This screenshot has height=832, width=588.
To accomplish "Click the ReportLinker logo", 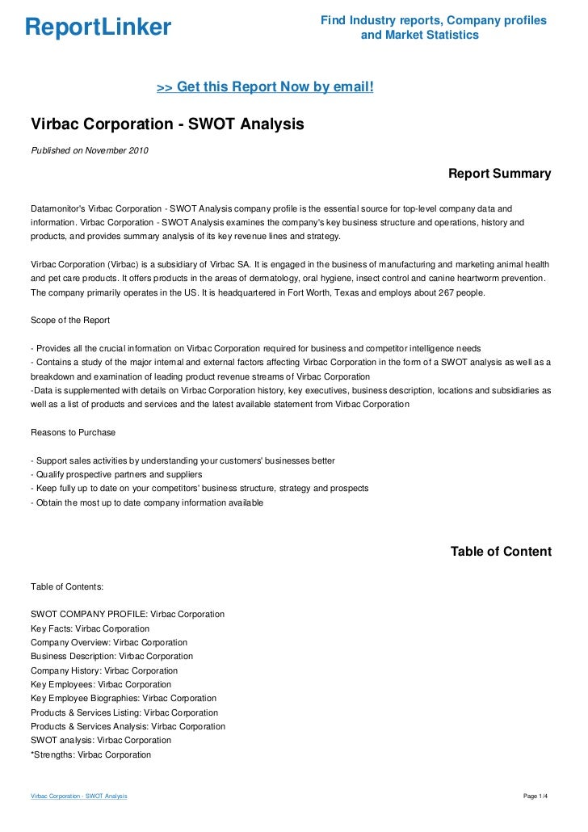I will coord(98,27).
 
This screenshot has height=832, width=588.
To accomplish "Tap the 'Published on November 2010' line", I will coord(89,150).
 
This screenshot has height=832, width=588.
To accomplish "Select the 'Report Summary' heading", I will coord(499,174).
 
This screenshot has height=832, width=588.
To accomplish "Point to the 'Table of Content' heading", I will coord(501,552).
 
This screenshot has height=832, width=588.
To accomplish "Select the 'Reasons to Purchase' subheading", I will coord(73,432).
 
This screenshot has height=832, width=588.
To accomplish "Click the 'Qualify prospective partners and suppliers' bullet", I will coord(115,474).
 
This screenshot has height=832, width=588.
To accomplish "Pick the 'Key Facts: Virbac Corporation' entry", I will coord(90,628).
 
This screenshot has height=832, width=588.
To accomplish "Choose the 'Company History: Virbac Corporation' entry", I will coord(104,670).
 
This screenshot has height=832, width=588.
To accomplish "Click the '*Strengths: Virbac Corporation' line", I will coord(90,754).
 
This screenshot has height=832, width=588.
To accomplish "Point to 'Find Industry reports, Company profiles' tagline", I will coord(433,20).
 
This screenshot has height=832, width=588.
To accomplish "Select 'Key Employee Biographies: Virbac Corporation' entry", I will coord(124,698).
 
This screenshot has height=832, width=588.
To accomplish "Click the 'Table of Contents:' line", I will coord(67,586).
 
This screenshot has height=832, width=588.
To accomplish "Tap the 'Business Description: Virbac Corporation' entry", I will coord(111,656).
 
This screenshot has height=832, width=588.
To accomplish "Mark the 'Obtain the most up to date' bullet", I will coord(146,502).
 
